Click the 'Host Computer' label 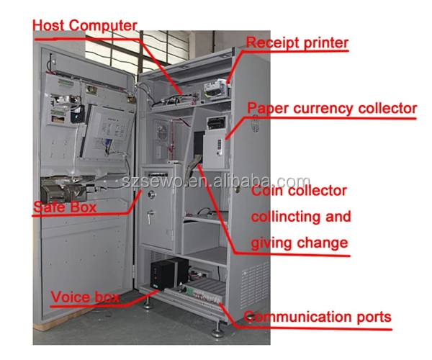click(84, 25)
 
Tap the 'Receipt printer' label click(297, 42)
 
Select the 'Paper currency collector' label click(332, 109)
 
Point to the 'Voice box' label click(84, 296)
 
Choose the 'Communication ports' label click(318, 316)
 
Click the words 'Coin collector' click(298, 192)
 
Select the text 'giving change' click(300, 242)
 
